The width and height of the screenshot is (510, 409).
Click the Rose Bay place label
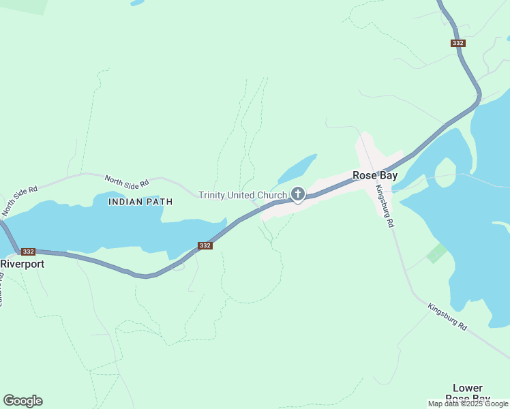pyautogui.click(x=374, y=175)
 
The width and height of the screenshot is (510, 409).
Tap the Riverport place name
pyautogui.click(x=22, y=264)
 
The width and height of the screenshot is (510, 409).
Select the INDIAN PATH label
pyautogui.click(x=141, y=202)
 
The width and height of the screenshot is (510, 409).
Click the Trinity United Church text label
pyautogui.click(x=243, y=196)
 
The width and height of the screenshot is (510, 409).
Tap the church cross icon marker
pyautogui.click(x=298, y=195)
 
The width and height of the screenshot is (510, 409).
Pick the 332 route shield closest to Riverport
pyautogui.click(x=28, y=252)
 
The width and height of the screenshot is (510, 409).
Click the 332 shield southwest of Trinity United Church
pyautogui.click(x=205, y=245)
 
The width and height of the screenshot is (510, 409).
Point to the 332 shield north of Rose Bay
pyautogui.click(x=458, y=43)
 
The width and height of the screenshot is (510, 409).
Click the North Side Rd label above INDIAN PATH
pyautogui.click(x=127, y=181)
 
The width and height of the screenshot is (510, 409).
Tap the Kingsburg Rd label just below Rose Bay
pyautogui.click(x=386, y=207)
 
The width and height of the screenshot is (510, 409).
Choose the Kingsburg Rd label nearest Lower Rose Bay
pyautogui.click(x=448, y=317)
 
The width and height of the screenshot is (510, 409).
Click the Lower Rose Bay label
pyautogui.click(x=467, y=393)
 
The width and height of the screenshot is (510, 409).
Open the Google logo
pyautogui.click(x=22, y=401)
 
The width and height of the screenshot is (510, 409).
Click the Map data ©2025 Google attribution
pyautogui.click(x=468, y=404)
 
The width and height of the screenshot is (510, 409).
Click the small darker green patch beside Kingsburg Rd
pyautogui.click(x=436, y=254)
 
